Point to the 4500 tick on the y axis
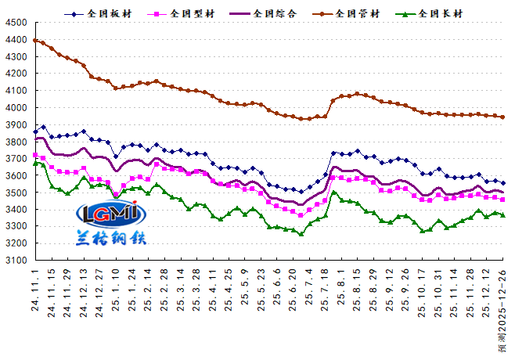coord(15,23)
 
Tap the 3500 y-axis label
coord(15,193)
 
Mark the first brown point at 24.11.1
coord(35,40)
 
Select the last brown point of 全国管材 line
coord(502,117)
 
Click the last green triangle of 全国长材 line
coord(502,215)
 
